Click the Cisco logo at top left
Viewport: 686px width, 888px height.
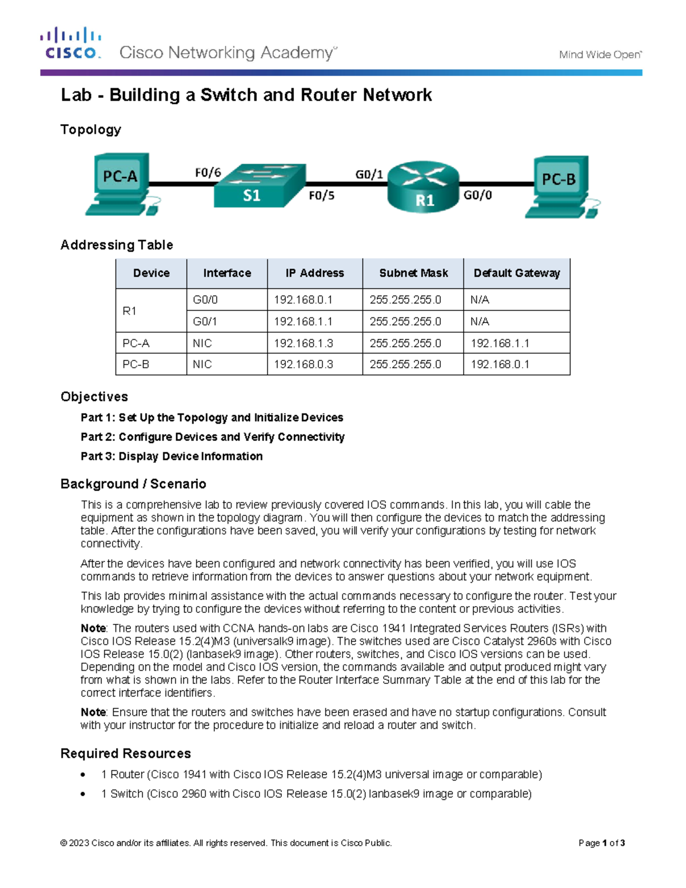coord(71,43)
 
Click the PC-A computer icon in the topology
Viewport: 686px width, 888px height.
coord(121,182)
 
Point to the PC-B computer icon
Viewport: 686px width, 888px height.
coord(560,186)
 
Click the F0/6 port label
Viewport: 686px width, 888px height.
coord(208,173)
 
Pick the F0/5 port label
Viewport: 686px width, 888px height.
coord(321,196)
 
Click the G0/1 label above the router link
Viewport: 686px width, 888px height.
coord(369,174)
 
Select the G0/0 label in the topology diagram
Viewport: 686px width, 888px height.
coord(477,195)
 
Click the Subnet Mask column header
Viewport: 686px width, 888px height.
coord(413,273)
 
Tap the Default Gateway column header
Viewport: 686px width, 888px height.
coord(516,273)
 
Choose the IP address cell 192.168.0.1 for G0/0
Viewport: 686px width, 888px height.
coord(303,300)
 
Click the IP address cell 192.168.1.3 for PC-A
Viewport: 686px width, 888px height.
coord(303,343)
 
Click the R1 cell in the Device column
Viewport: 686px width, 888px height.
coord(130,310)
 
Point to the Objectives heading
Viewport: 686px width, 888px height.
coord(94,397)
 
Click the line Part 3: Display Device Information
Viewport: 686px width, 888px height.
coord(171,456)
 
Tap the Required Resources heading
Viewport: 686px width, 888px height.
coord(126,754)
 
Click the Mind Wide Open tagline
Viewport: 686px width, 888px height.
coord(600,55)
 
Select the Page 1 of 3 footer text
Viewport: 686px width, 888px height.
coord(601,843)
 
